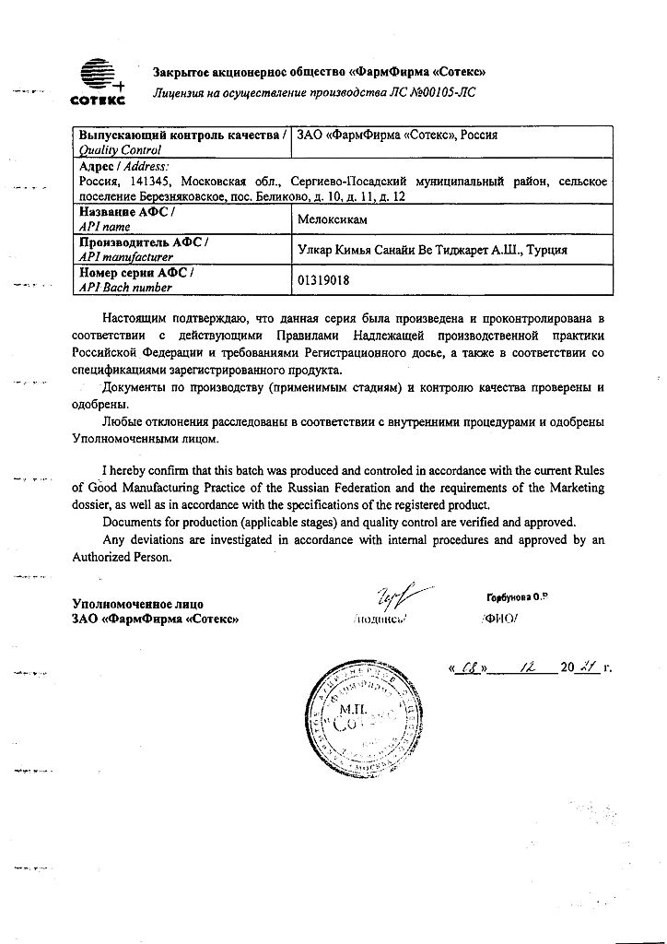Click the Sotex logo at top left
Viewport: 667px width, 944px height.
coord(96,80)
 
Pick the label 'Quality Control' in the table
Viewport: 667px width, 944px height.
coord(121,149)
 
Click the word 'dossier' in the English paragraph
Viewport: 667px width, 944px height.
coord(93,505)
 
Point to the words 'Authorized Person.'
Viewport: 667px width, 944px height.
coord(123,557)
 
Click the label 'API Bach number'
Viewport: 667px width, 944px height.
coord(125,288)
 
